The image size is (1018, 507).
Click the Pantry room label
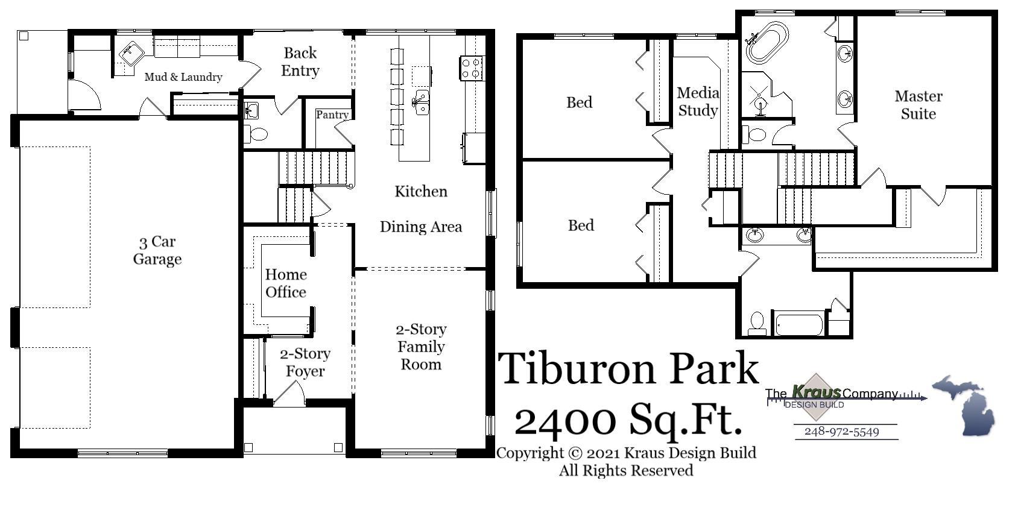pyautogui.click(x=332, y=115)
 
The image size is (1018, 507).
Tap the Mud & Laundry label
pyautogui.click(x=183, y=77)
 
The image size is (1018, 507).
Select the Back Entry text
pyautogui.click(x=300, y=62)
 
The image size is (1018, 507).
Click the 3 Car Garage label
pyautogui.click(x=157, y=250)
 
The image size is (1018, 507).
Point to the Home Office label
pyautogui.click(x=285, y=283)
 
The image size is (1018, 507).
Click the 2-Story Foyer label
pyautogui.click(x=305, y=362)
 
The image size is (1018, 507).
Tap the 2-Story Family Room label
pyautogui.click(x=421, y=347)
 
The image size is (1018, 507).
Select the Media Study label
pyautogui.click(x=697, y=101)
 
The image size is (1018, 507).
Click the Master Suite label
pyautogui.click(x=918, y=105)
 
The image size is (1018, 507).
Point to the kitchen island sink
pyautogui.click(x=421, y=102)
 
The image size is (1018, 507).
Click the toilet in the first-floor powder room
pyautogui.click(x=258, y=134)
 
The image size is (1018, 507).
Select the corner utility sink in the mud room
pyautogui.click(x=130, y=52)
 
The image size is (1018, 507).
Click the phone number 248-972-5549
pyautogui.click(x=841, y=432)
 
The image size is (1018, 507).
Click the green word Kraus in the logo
pyautogui.click(x=815, y=392)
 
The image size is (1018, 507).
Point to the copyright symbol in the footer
pyautogui.click(x=575, y=453)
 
